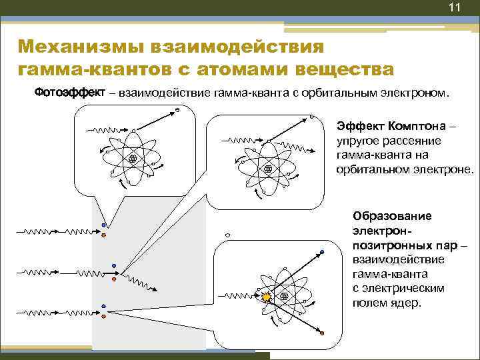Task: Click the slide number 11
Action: (x=455, y=8)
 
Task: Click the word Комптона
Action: (x=417, y=126)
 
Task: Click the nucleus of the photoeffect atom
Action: (x=132, y=158)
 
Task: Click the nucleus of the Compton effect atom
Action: (x=268, y=169)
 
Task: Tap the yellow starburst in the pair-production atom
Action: (x=266, y=296)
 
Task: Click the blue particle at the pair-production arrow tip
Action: (x=322, y=253)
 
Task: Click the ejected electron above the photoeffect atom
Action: (x=177, y=110)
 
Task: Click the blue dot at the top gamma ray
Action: (x=103, y=225)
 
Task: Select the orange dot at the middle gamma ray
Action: (x=114, y=279)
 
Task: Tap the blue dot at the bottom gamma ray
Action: (x=104, y=306)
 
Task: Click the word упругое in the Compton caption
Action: (x=357, y=141)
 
